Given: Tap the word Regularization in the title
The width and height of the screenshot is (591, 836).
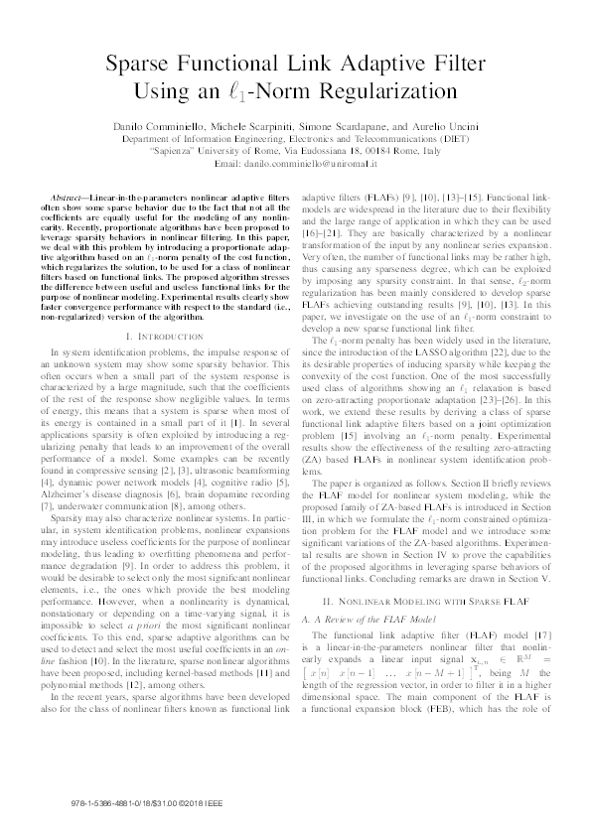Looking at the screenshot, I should click(398, 100).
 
